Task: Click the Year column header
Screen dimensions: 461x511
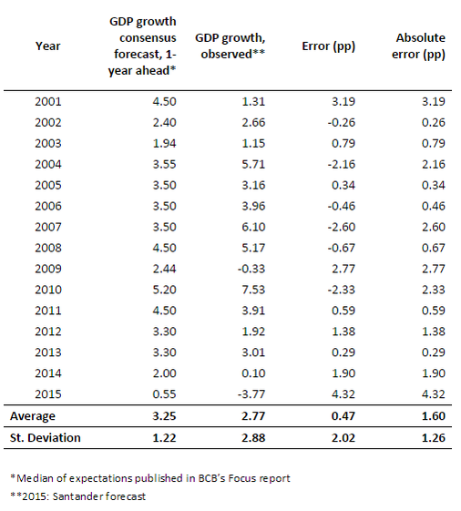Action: [48, 46]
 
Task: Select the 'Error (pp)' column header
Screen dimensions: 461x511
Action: [328, 46]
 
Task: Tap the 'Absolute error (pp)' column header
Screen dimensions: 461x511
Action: [418, 46]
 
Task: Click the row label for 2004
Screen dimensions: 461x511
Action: [48, 164]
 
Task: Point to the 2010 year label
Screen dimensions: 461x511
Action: [48, 290]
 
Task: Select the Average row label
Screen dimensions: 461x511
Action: [33, 416]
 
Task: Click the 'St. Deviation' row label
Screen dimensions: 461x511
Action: [46, 437]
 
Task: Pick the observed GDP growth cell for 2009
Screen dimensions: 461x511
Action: [251, 269]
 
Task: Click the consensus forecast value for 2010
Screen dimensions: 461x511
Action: [164, 290]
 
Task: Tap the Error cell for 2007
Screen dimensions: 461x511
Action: [342, 227]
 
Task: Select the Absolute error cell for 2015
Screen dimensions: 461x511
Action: [434, 394]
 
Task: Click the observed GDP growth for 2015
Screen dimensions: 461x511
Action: [251, 394]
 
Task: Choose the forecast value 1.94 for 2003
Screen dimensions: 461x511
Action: [164, 143]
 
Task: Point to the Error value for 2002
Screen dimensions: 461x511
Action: [342, 122]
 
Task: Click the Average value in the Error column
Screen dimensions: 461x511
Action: [343, 416]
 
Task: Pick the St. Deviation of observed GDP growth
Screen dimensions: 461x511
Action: [253, 437]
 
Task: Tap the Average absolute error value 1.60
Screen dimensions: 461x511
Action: [434, 416]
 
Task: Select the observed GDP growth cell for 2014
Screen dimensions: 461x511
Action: [253, 373]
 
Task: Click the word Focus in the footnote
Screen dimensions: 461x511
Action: [241, 478]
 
